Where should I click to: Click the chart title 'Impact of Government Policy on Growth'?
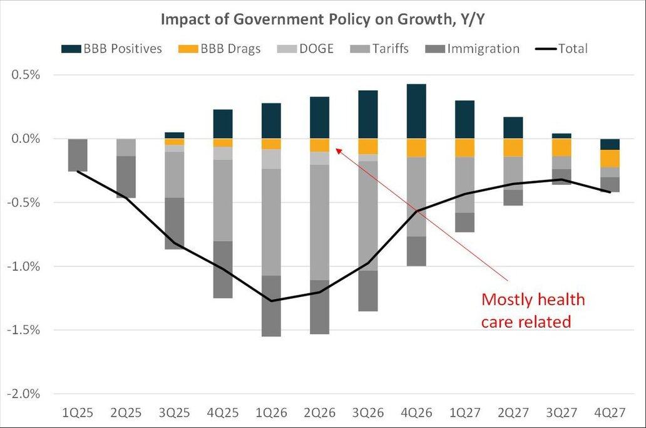(x=322, y=19)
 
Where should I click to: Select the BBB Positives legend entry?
(x=112, y=48)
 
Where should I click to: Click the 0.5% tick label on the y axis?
(x=26, y=75)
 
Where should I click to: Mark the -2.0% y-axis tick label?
(x=24, y=394)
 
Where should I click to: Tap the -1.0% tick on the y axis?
(x=24, y=266)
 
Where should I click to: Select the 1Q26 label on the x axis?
(x=271, y=414)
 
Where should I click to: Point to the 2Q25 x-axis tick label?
(x=126, y=414)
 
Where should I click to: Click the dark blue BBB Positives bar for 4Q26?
(x=416, y=111)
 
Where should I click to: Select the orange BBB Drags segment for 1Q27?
(x=464, y=147)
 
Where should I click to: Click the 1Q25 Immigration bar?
(x=78, y=155)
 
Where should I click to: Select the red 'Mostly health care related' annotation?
(x=533, y=310)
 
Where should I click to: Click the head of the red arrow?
(x=337, y=149)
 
